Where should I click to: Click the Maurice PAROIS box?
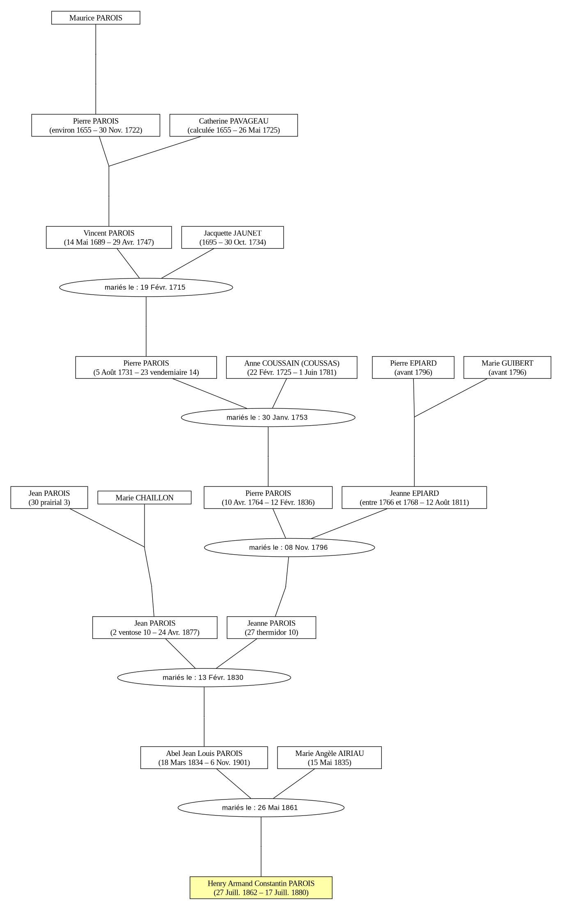[x=96, y=18]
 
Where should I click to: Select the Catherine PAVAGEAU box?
[x=234, y=125]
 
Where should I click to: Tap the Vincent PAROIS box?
[x=109, y=237]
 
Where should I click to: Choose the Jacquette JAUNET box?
[x=232, y=237]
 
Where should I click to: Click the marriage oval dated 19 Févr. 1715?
[x=146, y=287]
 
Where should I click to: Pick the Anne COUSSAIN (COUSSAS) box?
[x=291, y=367]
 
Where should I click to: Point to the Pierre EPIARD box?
[x=413, y=367]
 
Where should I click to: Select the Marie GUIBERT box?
[x=507, y=367]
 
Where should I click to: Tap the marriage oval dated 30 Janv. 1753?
[x=268, y=417]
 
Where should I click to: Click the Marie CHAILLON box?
[x=145, y=498]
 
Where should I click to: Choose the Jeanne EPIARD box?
[x=414, y=498]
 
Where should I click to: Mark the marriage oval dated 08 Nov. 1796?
[x=289, y=547]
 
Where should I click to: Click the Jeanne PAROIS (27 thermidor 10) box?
[x=271, y=627]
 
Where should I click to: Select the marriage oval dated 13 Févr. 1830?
[x=204, y=677]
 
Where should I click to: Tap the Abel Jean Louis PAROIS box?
[x=204, y=758]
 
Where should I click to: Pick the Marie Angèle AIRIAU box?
[x=329, y=758]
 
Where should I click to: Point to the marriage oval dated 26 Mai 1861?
[x=261, y=807]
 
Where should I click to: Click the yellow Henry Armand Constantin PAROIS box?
[x=261, y=887]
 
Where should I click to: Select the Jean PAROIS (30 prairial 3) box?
[x=49, y=498]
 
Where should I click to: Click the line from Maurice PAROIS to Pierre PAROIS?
[x=96, y=69]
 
